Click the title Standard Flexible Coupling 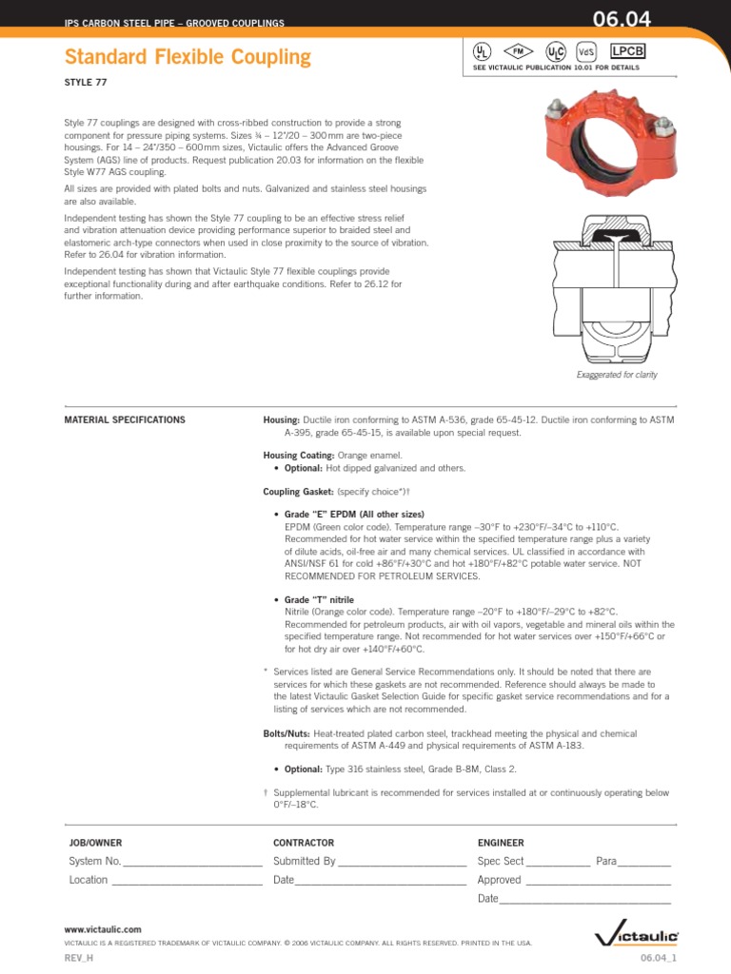[188, 57]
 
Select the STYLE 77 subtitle [85, 84]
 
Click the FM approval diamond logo [520, 49]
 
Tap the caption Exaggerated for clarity [617, 375]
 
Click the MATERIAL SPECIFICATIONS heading [124, 419]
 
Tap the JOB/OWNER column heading [95, 843]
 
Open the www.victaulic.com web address [103, 928]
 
